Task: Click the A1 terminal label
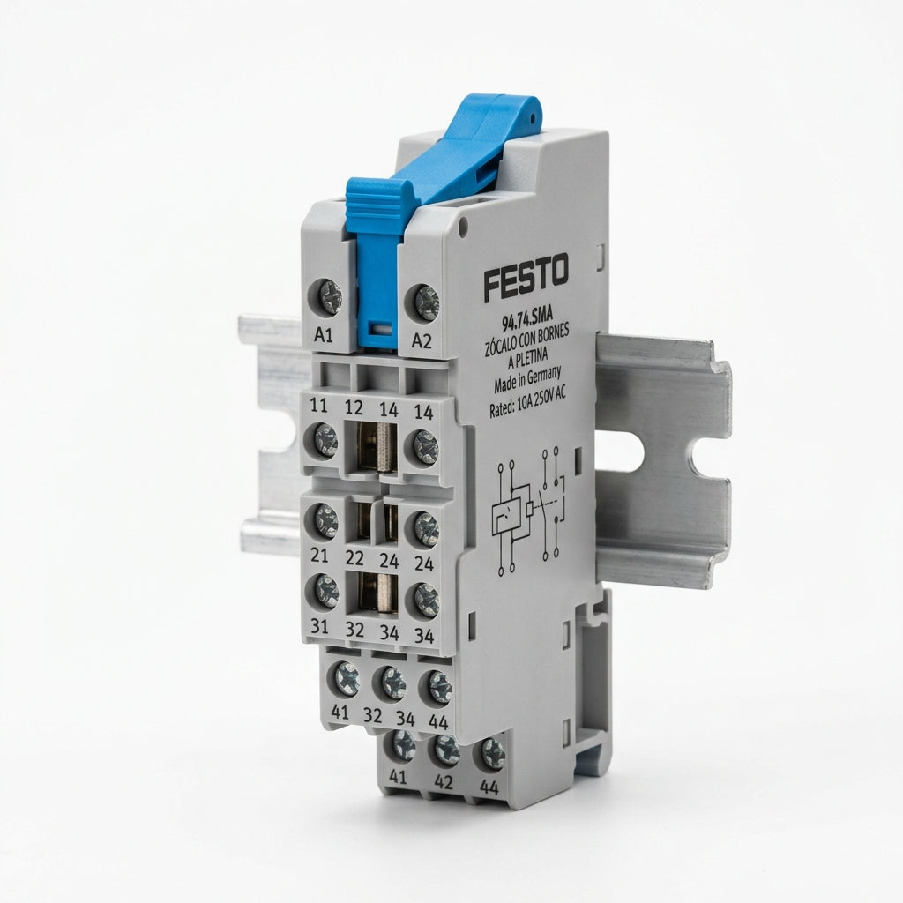click(324, 335)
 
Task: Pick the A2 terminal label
click(422, 341)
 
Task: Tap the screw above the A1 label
click(329, 296)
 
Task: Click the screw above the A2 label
click(427, 302)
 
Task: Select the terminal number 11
click(318, 406)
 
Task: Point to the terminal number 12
click(354, 407)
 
